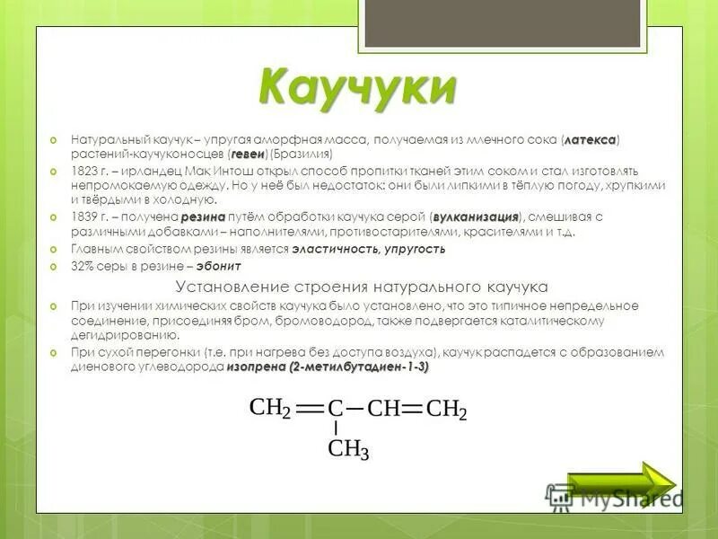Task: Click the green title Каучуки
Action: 356,88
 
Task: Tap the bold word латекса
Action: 591,140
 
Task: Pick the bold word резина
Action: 202,216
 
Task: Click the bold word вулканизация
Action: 477,216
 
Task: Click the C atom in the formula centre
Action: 336,410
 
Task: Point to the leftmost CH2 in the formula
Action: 270,409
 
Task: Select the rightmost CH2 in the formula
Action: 446,410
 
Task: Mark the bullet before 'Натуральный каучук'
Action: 54,140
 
